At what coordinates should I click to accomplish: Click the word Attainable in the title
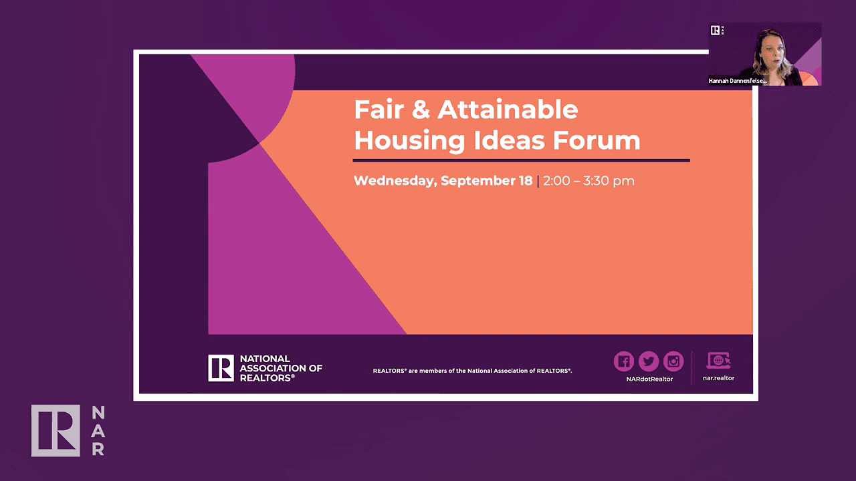(x=508, y=110)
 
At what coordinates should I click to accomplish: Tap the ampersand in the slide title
(x=420, y=110)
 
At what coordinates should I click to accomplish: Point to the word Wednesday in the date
(x=395, y=180)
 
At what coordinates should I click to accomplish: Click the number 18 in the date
(x=525, y=180)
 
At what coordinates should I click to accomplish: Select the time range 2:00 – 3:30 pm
(x=588, y=180)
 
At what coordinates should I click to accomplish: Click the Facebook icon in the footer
(x=623, y=361)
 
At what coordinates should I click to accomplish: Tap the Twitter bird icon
(x=648, y=361)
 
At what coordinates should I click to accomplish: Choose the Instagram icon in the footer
(x=673, y=361)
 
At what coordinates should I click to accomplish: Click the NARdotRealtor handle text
(x=648, y=379)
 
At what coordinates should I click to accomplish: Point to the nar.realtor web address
(x=719, y=378)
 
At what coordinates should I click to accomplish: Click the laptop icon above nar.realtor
(x=719, y=361)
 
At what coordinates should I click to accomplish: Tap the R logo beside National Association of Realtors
(x=221, y=368)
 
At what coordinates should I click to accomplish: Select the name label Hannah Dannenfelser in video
(x=738, y=81)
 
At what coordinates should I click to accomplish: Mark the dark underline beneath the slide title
(x=521, y=160)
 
